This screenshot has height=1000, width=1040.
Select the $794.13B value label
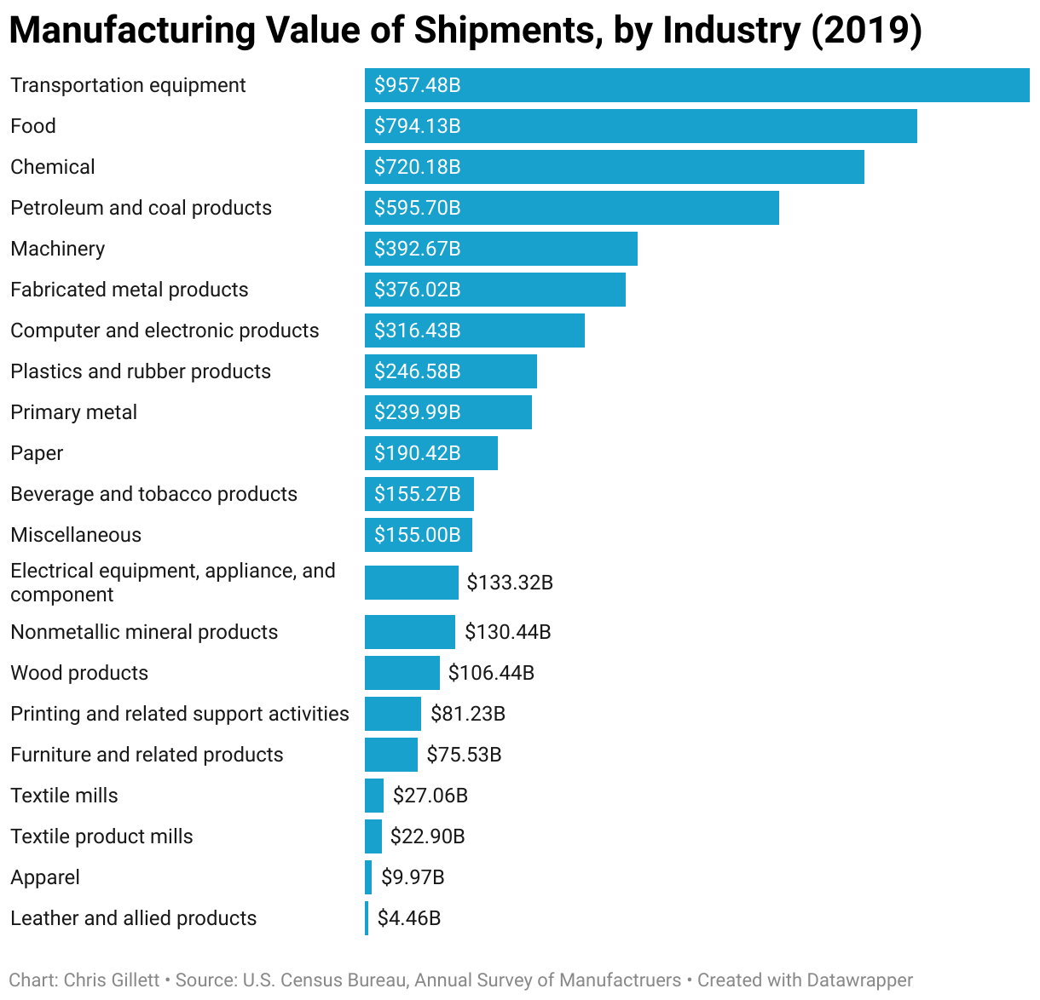tap(418, 126)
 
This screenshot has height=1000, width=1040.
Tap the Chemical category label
tap(53, 167)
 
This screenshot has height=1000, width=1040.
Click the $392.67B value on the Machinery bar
tap(418, 249)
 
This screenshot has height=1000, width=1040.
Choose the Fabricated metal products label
tap(130, 290)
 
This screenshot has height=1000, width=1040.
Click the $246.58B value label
tap(418, 371)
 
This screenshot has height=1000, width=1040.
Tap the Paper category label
tap(37, 453)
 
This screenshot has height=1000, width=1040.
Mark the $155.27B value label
tap(418, 494)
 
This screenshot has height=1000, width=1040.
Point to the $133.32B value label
tap(510, 583)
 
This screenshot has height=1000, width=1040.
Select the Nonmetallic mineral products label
tap(144, 632)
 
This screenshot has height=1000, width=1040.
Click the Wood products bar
tap(402, 673)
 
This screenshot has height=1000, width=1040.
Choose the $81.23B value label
tap(468, 714)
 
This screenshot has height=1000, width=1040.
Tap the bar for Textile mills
tap(374, 796)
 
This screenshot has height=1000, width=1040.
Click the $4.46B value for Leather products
tap(409, 918)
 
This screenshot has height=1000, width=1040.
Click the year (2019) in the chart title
tap(866, 31)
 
